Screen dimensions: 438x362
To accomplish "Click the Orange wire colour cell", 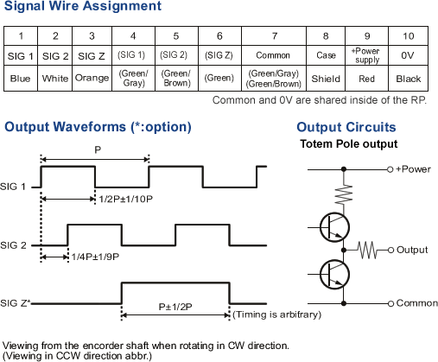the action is (x=92, y=78).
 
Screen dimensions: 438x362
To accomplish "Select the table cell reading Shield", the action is (x=326, y=78).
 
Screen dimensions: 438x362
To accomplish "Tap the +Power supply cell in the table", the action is (x=367, y=55).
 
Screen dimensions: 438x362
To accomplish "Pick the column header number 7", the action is (x=274, y=36).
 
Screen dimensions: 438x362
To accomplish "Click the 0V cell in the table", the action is (x=408, y=55).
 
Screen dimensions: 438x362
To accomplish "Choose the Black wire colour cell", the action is (x=408, y=78).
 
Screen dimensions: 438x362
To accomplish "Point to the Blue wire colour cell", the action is (x=21, y=78).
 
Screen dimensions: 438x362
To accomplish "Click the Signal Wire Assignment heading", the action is (x=83, y=6).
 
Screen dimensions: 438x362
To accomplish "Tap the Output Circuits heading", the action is (x=346, y=127).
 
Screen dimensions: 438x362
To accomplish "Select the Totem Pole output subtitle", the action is (x=349, y=143).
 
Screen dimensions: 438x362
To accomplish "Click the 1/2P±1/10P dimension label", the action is (x=125, y=199).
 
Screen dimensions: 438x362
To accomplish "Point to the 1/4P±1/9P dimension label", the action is (x=95, y=257).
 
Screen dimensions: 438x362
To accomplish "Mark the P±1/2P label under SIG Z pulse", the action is (x=175, y=307).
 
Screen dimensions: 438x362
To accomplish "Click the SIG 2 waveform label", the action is (x=13, y=245).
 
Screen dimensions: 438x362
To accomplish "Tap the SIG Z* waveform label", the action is (x=16, y=303).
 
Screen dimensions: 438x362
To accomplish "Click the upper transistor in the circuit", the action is (x=334, y=227).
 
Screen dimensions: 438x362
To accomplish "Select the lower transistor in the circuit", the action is (x=334, y=274).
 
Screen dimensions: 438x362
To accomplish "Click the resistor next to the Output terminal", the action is (x=367, y=250).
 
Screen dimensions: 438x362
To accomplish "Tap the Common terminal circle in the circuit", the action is (x=390, y=303).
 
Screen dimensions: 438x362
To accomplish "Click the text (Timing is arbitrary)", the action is (x=276, y=314).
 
